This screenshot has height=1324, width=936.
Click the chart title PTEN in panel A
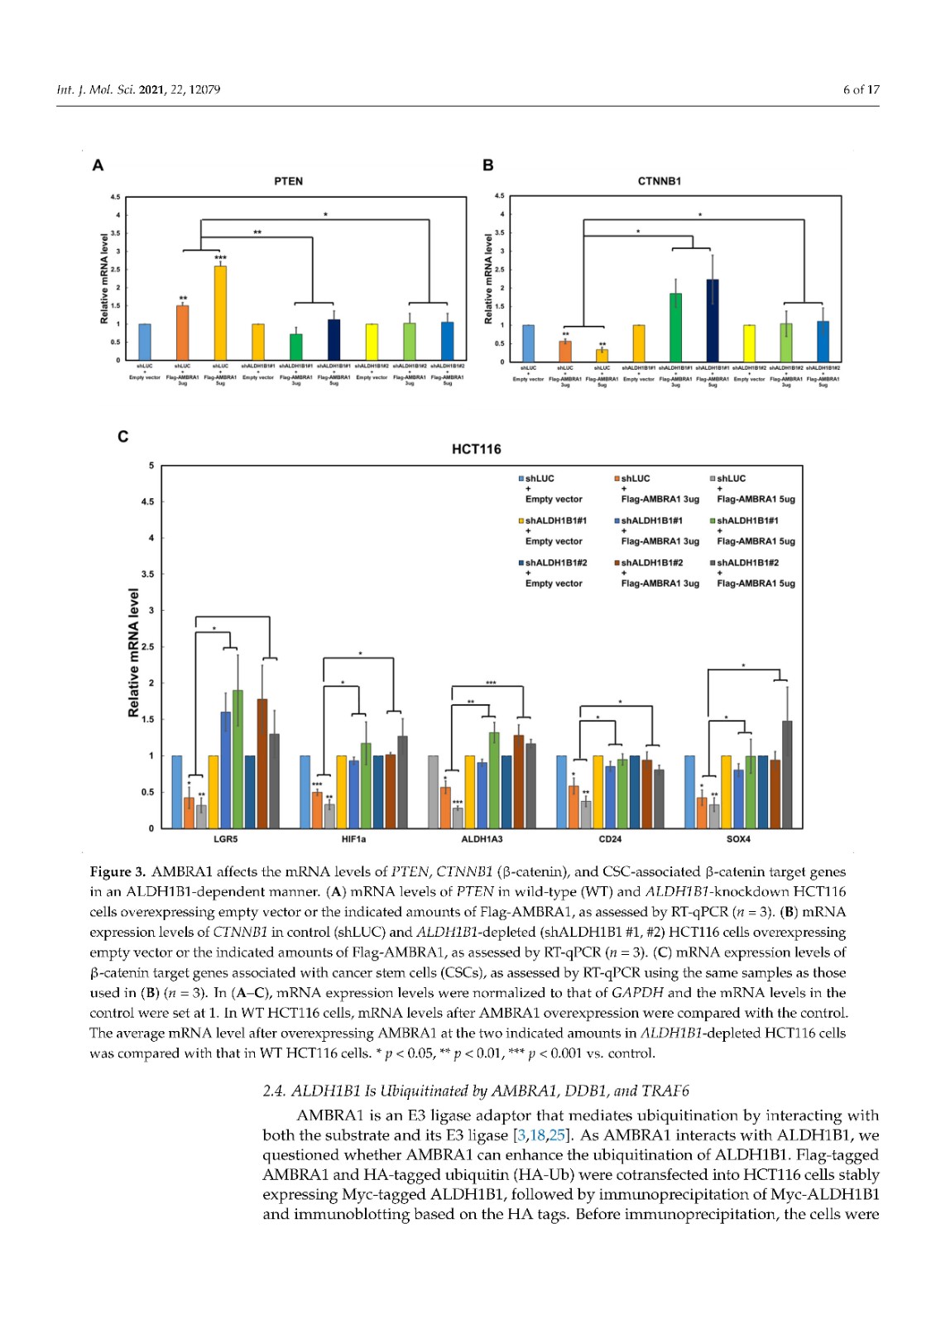point(288,181)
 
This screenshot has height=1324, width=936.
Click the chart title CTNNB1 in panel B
point(659,181)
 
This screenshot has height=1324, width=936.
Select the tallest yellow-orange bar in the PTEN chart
point(220,313)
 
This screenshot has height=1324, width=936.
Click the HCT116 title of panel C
point(476,449)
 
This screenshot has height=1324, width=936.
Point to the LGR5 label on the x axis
point(225,839)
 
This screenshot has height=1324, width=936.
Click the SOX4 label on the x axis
point(738,839)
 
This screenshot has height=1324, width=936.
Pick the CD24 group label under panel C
point(610,839)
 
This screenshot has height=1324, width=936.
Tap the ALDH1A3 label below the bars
point(482,839)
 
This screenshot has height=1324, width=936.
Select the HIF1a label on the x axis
point(353,839)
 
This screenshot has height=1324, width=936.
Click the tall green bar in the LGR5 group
point(238,759)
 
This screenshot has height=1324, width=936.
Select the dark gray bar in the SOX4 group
point(787,774)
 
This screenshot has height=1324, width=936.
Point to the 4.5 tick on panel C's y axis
point(147,501)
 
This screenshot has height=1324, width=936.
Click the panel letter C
point(122,436)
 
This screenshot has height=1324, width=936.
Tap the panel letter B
point(487,165)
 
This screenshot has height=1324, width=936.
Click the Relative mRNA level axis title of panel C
point(133,653)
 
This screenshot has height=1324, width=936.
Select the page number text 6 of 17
point(861,89)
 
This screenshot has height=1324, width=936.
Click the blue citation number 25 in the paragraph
point(557,1135)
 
